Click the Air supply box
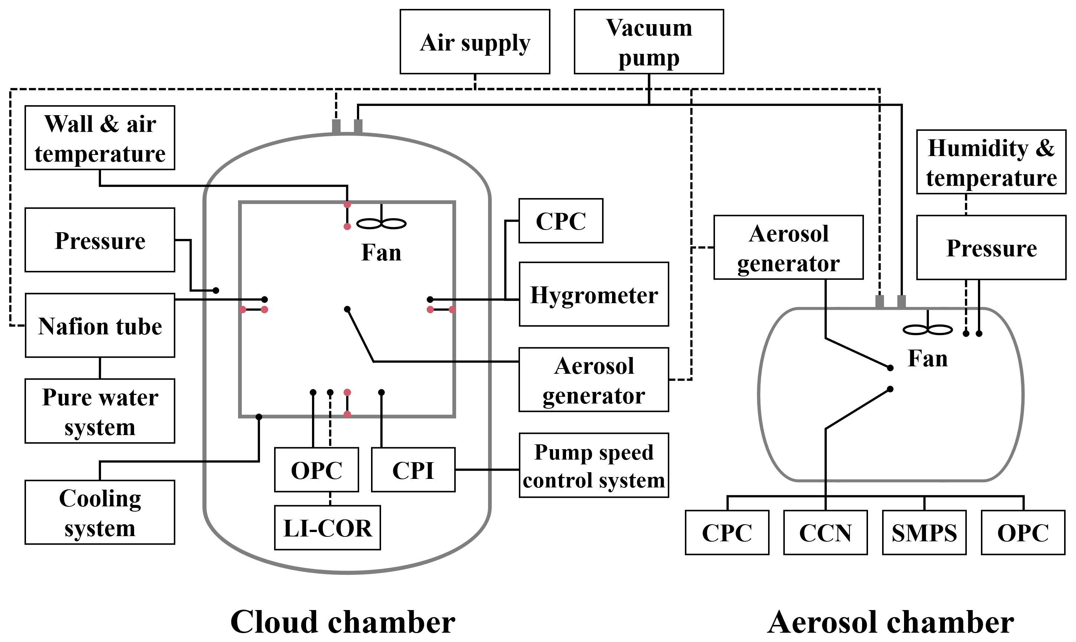coord(474,42)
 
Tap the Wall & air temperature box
coord(100,137)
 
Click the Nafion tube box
coord(100,325)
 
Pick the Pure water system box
coord(100,411)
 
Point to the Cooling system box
coord(100,512)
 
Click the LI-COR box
coord(327,528)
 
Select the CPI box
coord(413,470)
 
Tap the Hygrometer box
coord(594,294)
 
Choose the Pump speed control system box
coord(594,466)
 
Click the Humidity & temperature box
coord(991,162)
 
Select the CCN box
coord(825,532)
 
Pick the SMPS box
coord(924,532)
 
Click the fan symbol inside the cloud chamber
coord(381,223)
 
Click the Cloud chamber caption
coord(342,621)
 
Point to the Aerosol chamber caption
coord(891,621)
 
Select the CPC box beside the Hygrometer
coord(560,221)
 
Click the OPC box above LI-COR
coord(316,470)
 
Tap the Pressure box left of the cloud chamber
coord(100,240)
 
